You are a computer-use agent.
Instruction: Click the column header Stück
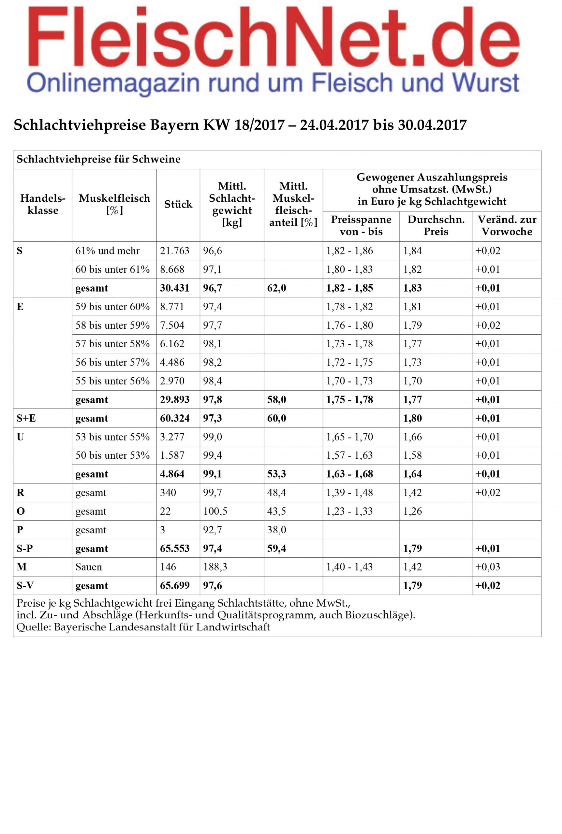coord(178,205)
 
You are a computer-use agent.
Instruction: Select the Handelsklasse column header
coord(43,204)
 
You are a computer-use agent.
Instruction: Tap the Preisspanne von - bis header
coord(361,225)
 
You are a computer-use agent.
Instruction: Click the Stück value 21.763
coord(174,251)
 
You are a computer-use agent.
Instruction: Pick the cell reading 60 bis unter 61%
coord(112,269)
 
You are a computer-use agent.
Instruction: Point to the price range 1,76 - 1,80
coord(349,325)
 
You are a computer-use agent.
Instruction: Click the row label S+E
coord(26,418)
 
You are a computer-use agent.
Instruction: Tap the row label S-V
coord(26,585)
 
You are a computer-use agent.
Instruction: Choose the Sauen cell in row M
coord(89,567)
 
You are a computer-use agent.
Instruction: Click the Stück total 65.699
coord(174,585)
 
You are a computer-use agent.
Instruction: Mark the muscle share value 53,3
coord(277,474)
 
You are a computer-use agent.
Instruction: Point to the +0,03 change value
coord(487,567)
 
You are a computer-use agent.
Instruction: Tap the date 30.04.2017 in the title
coord(432,125)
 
